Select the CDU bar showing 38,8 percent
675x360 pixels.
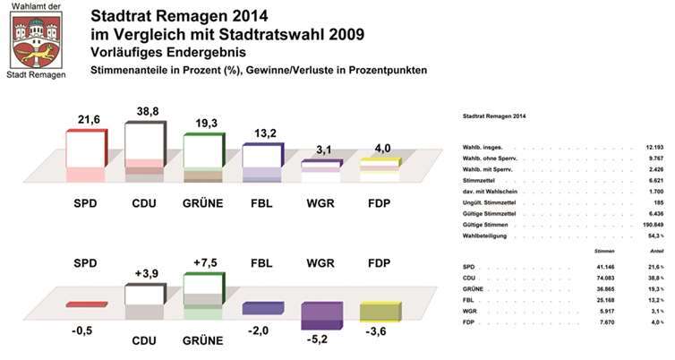pos(144,141)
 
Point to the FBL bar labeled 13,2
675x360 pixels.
pos(262,155)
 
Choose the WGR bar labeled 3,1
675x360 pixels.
pos(320,165)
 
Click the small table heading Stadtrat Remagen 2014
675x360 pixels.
pos(494,116)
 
